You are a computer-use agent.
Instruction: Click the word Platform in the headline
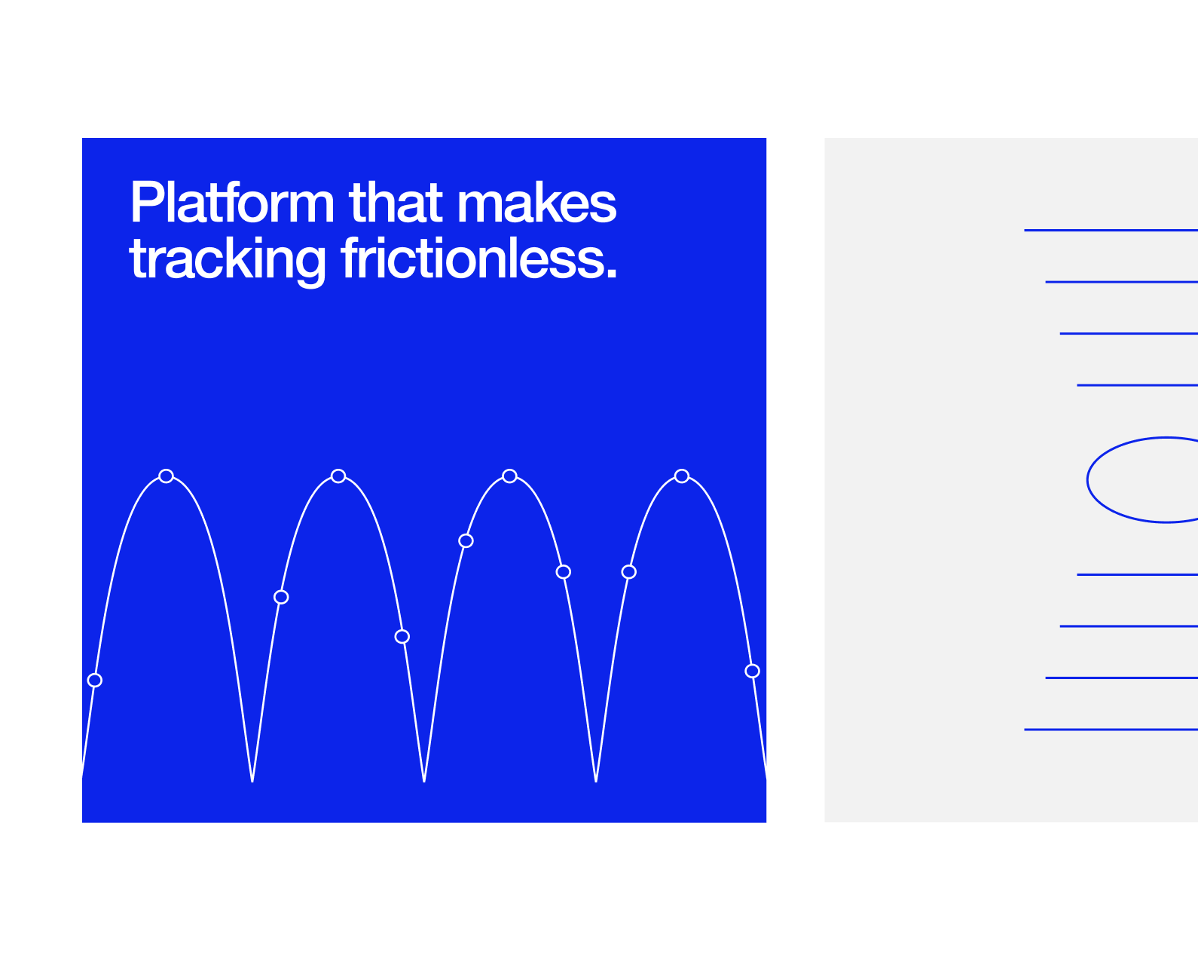point(232,202)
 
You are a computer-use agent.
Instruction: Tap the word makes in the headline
point(536,202)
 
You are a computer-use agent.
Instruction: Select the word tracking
point(227,262)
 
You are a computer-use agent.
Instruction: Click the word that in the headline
point(396,202)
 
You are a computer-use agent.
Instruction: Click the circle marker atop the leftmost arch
point(166,476)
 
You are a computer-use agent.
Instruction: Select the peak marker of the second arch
point(338,476)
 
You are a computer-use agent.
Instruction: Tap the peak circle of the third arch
point(509,476)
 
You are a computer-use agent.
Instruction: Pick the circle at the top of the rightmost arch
point(681,476)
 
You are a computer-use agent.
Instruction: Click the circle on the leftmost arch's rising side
point(95,680)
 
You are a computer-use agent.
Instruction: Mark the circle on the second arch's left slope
point(281,597)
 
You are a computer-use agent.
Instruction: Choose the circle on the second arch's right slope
point(402,636)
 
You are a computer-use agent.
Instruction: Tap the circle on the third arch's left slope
point(466,540)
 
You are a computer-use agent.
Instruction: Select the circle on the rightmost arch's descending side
point(752,671)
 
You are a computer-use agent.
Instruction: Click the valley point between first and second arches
point(252,781)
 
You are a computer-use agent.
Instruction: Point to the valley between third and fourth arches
point(596,781)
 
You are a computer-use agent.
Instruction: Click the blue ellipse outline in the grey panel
point(1087,480)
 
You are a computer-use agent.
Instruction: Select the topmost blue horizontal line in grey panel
point(1111,230)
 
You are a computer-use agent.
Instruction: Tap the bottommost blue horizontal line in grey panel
point(1111,730)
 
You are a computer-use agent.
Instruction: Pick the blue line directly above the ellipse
point(1137,385)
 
